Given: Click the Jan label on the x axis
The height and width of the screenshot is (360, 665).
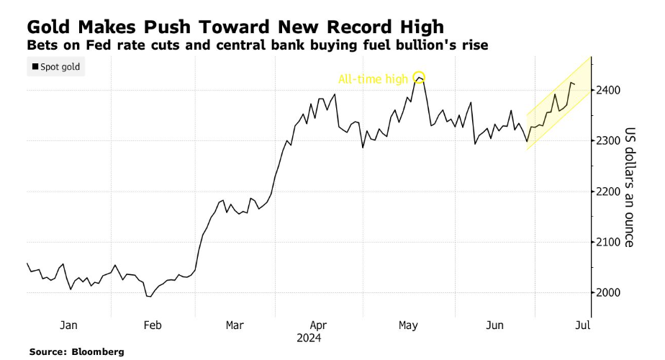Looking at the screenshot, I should pos(68,325).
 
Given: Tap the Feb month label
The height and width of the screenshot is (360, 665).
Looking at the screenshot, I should pos(152,325).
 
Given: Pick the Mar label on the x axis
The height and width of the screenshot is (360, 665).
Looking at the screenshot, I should pos(235,325).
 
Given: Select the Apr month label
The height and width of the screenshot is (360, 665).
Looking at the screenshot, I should pos(318,325).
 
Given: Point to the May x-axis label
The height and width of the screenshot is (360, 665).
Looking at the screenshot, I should pos(408,325).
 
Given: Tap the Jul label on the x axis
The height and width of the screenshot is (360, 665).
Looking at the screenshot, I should pos(583,325).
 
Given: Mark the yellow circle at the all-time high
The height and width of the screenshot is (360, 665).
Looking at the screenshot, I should pos(419,77).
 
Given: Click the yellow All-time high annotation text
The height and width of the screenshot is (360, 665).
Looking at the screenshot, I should pos(374,78).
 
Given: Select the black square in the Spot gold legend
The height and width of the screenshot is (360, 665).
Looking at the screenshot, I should pos(35,68).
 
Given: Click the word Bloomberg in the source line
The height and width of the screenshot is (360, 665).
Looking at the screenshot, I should pos(98,351).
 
